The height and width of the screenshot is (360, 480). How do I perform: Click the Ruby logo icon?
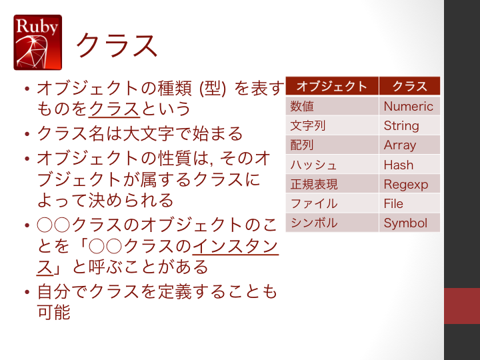[x=37, y=42]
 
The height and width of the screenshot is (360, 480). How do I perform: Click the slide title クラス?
[x=117, y=45]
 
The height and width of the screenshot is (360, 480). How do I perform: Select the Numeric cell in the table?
[x=409, y=106]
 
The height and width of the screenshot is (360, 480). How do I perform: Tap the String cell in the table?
[x=409, y=125]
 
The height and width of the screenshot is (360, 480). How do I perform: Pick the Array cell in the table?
[x=409, y=145]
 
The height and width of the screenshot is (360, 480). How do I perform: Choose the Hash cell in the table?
[x=409, y=165]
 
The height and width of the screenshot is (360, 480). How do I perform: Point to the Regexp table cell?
[x=409, y=184]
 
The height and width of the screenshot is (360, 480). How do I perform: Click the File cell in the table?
[x=409, y=203]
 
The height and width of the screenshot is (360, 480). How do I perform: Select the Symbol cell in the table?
[x=409, y=223]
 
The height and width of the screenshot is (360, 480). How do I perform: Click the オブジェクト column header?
[x=332, y=86]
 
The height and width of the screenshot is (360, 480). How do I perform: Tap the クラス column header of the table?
[x=409, y=86]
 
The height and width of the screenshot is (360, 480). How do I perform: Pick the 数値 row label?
[x=332, y=106]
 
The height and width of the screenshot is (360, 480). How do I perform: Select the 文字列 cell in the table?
[x=332, y=125]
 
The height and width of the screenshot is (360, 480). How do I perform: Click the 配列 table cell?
[x=332, y=145]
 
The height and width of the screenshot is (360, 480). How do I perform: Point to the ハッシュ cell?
[x=332, y=165]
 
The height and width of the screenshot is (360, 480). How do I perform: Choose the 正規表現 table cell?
[x=332, y=184]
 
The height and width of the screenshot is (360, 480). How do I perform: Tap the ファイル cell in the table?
[x=332, y=203]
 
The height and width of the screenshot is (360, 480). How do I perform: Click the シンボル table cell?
[x=332, y=223]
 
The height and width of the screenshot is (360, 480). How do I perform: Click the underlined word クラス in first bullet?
[x=114, y=109]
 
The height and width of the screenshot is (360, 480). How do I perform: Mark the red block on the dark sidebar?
[x=462, y=305]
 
